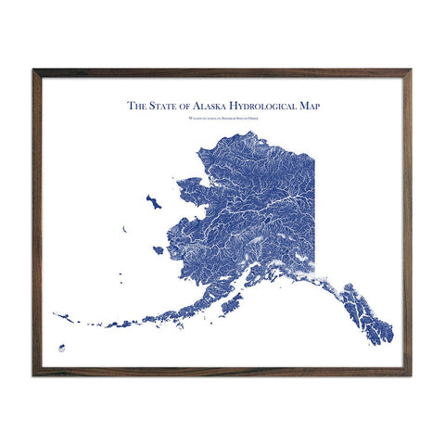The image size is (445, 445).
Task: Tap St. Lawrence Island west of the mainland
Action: pos(153,201)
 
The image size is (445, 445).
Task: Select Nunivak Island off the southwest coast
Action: pos(159,250)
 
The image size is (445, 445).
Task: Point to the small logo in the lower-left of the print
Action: pos(62,349)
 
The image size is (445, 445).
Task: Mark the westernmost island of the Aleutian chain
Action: pos(56,314)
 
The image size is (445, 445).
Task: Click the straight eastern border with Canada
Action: pos(313,204)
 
